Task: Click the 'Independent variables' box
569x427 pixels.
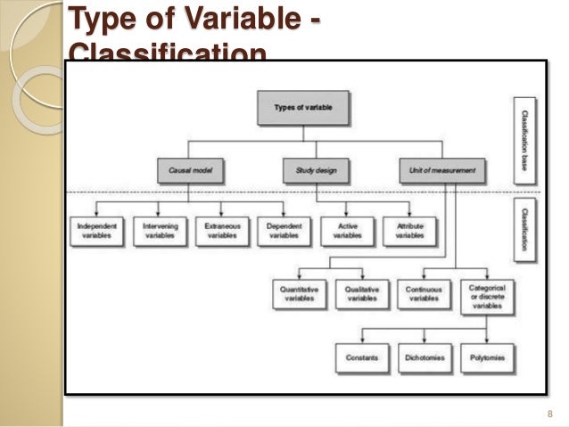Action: (x=97, y=230)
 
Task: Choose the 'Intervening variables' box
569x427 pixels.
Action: (x=161, y=230)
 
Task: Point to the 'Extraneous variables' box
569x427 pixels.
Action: (x=223, y=230)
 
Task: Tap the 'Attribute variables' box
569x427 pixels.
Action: (x=410, y=230)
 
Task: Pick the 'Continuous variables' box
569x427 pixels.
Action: (x=425, y=294)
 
